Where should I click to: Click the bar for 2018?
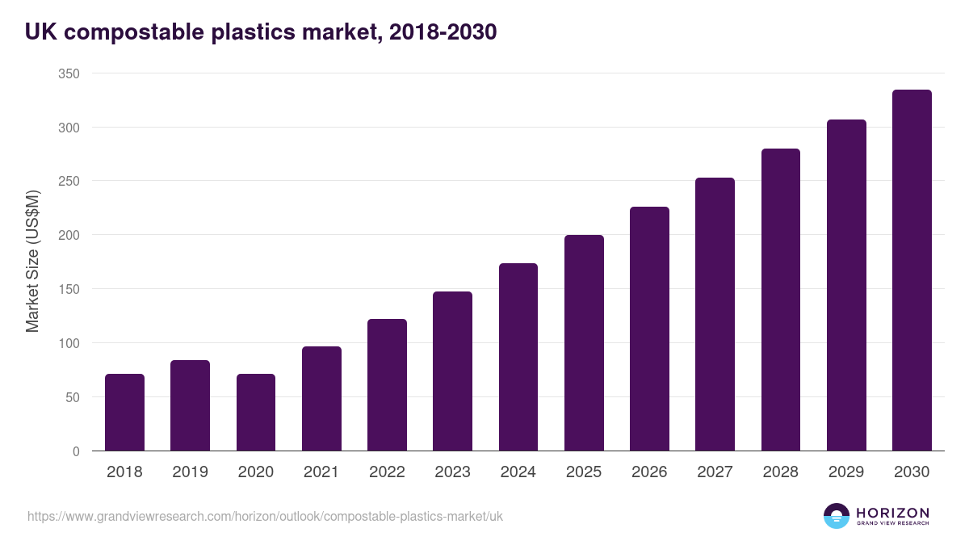(124, 413)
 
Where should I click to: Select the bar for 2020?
(256, 413)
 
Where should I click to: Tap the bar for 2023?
(452, 371)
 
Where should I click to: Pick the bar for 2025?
(584, 343)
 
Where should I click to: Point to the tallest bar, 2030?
(912, 270)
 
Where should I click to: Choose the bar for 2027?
(715, 314)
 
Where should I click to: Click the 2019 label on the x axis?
(190, 472)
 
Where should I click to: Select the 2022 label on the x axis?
(387, 472)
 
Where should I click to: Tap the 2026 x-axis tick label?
(649, 472)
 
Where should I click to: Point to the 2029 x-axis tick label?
(846, 472)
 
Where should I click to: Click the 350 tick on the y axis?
(69, 73)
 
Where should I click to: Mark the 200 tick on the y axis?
(69, 236)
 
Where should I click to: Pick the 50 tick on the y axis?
(72, 397)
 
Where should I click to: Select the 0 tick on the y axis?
(76, 451)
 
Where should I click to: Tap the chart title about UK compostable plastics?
(260, 32)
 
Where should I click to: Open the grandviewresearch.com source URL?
(265, 516)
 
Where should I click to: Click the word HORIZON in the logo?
(892, 513)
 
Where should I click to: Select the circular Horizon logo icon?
(837, 516)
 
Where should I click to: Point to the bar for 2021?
(321, 399)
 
